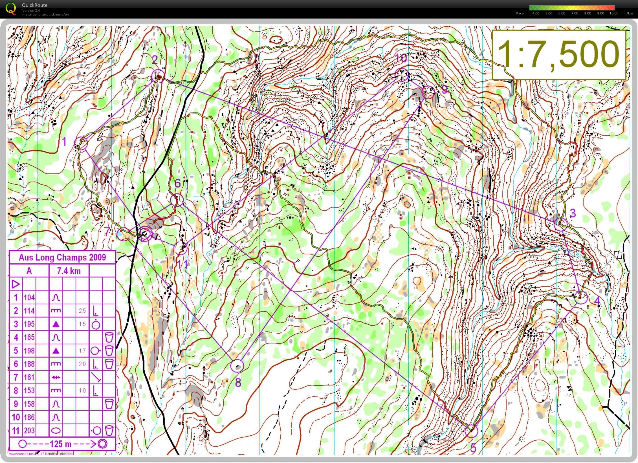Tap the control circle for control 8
[237, 366]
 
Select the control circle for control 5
[471, 431]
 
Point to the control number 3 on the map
[573, 213]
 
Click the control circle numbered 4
[581, 297]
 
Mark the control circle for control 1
[81, 143]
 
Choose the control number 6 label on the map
[177, 183]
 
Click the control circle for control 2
[158, 76]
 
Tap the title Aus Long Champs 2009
[62, 257]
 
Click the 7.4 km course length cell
[69, 271]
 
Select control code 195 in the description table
[29, 324]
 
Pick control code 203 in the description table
[29, 431]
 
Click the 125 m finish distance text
[60, 444]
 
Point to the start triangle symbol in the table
[16, 284]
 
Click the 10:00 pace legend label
[614, 13]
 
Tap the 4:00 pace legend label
[536, 13]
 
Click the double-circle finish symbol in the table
[103, 444]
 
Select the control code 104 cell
[29, 297]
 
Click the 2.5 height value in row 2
[82, 311]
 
